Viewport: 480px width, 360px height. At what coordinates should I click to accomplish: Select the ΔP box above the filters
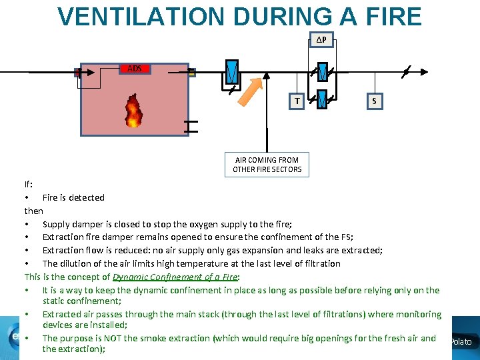(x=321, y=41)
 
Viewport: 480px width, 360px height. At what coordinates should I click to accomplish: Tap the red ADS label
(x=135, y=69)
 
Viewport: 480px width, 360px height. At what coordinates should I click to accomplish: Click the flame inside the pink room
(x=133, y=111)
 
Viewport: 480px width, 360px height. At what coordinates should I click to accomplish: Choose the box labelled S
(x=374, y=101)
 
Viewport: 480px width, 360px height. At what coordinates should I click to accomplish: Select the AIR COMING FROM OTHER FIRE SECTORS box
(x=267, y=165)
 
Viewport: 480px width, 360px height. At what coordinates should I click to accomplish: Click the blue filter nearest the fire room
(x=230, y=71)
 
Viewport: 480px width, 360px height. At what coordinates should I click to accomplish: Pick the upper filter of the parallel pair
(x=322, y=71)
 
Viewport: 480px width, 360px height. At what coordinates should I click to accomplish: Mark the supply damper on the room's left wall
(x=78, y=73)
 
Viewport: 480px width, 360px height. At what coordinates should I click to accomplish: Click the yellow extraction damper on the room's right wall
(x=191, y=72)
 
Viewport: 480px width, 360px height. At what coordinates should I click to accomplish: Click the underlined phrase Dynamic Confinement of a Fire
(x=175, y=277)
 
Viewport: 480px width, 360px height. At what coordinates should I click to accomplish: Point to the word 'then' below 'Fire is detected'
(x=34, y=211)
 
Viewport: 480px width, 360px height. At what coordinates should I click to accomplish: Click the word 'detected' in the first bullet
(x=87, y=197)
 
